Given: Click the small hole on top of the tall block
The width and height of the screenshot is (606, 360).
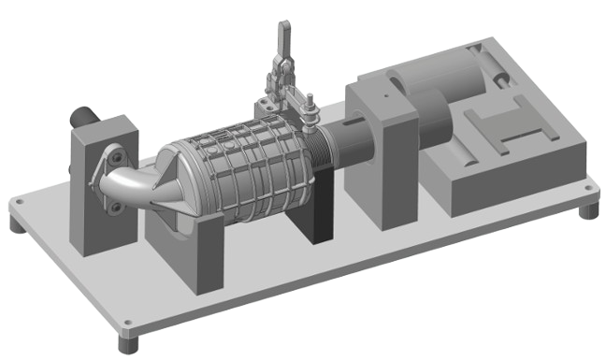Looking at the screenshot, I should pos(382,94).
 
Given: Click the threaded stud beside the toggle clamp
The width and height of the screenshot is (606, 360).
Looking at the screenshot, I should pos(310,113).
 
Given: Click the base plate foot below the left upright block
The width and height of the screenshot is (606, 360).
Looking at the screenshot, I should pos(19,225).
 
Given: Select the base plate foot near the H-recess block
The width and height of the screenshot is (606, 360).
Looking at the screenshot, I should pos(586,210).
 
